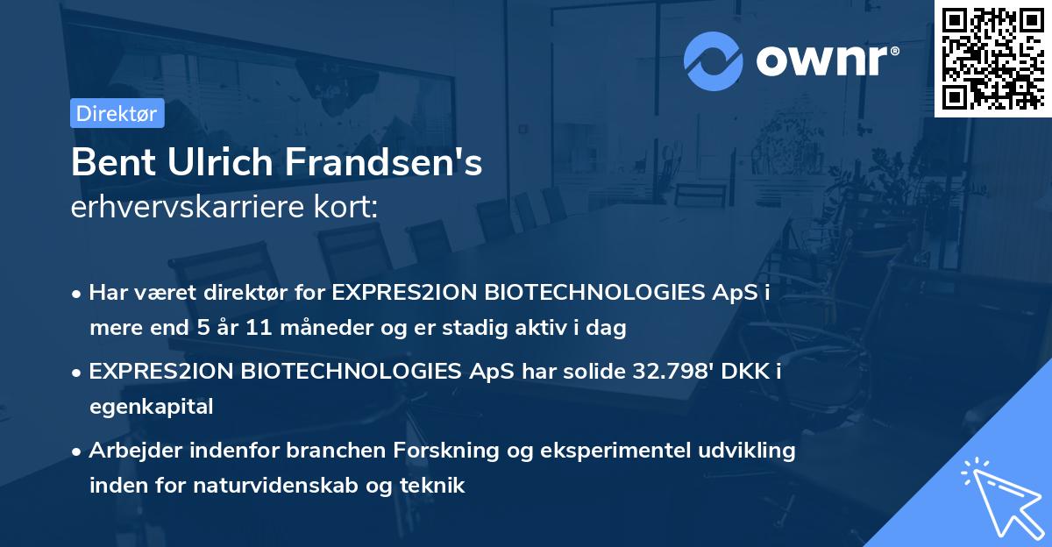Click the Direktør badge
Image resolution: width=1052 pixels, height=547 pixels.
click(x=117, y=113)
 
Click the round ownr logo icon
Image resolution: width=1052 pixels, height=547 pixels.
click(x=713, y=60)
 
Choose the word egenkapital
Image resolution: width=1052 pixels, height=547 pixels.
click(x=151, y=406)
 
